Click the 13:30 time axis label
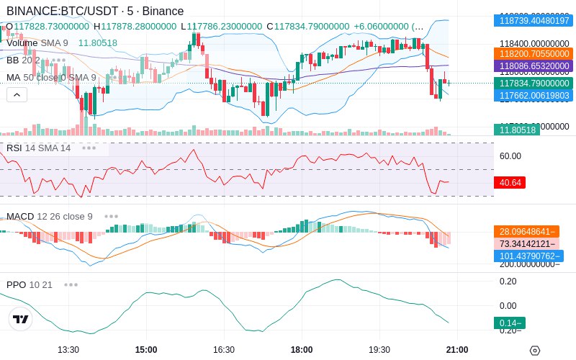(x=68, y=349)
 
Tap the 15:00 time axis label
(x=146, y=349)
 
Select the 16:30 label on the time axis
(x=224, y=349)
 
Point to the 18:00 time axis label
(x=302, y=349)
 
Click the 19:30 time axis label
(x=379, y=349)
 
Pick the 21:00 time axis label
(x=457, y=349)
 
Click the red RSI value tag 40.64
(x=510, y=183)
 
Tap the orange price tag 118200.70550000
(x=532, y=53)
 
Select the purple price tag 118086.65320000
(x=532, y=66)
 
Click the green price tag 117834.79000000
(x=532, y=84)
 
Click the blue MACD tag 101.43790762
(x=528, y=256)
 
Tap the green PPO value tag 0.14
(x=508, y=323)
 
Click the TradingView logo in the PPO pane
(x=21, y=319)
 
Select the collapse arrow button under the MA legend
(x=17, y=94)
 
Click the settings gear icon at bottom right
(x=534, y=350)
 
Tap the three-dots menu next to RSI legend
(x=89, y=148)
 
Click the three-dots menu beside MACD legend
(x=111, y=216)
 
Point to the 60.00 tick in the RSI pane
(x=510, y=156)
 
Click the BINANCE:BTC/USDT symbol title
(x=63, y=11)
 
